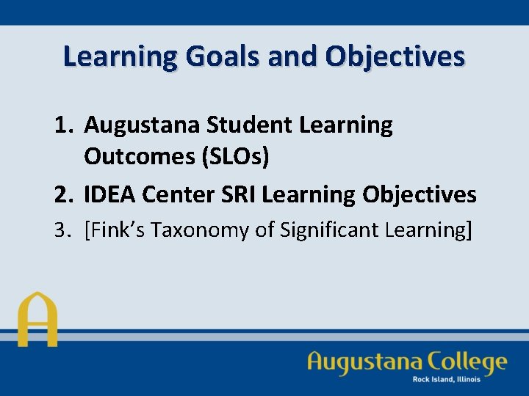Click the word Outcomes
[x=135, y=157]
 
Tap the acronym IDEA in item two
[x=109, y=194]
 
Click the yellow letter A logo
[x=37, y=320]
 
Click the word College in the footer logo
[x=465, y=362]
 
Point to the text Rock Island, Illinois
[x=447, y=379]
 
